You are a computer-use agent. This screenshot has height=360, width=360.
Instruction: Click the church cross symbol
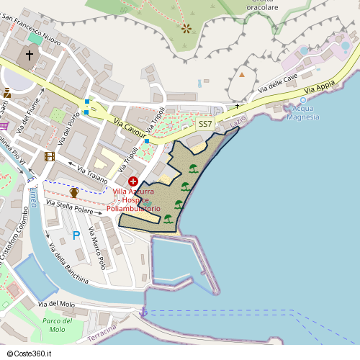coord(30,55)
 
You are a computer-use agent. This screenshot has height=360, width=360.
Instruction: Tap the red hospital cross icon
coord(133,181)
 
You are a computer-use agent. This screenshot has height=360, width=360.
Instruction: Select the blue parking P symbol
coord(76,235)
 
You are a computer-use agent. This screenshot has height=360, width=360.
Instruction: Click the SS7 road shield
coord(205,124)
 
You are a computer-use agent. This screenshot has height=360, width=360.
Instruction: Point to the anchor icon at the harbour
coord(143,312)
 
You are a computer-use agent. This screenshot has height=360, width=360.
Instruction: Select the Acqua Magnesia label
coord(302,114)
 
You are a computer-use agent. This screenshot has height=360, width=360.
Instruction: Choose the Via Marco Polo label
coord(97,248)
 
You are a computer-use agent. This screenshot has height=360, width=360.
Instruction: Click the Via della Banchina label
coord(68,263)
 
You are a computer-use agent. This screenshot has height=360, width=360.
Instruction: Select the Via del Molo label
coord(56,305)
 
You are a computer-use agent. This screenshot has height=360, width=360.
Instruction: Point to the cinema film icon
coord(49,156)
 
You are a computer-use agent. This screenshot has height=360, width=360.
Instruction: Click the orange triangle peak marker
coord(243,74)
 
